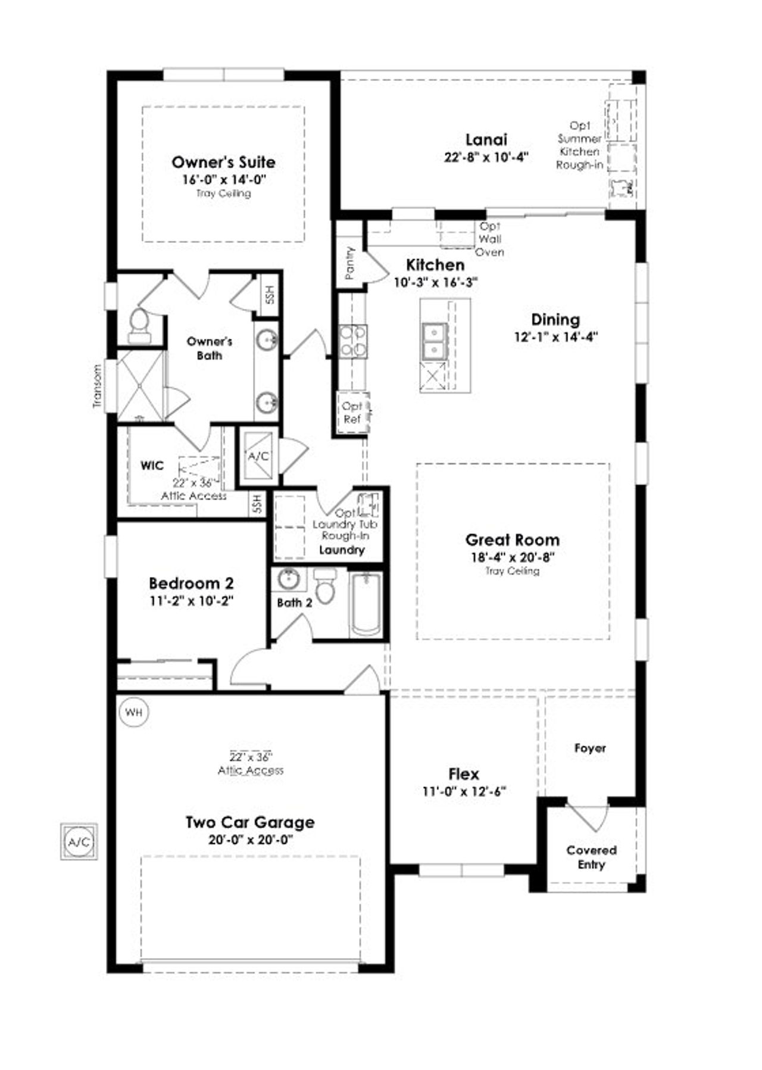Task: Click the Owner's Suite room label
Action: [223, 162]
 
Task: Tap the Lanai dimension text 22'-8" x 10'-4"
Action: [486, 158]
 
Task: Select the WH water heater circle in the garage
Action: [134, 712]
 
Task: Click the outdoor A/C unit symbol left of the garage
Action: [79, 842]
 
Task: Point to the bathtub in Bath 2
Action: [365, 604]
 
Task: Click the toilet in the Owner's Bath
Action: [139, 326]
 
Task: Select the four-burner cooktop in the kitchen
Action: [352, 342]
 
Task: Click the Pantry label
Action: [350, 263]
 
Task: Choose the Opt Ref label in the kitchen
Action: [352, 412]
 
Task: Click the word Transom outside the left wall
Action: [97, 386]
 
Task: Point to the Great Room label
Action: [512, 540]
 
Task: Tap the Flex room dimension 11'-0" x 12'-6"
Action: [464, 791]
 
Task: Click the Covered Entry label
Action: [591, 857]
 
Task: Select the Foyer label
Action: [590, 748]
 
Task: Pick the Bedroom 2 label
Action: [191, 583]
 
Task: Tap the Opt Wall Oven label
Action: [490, 239]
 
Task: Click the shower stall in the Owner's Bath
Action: [139, 386]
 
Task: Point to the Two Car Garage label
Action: [250, 822]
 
